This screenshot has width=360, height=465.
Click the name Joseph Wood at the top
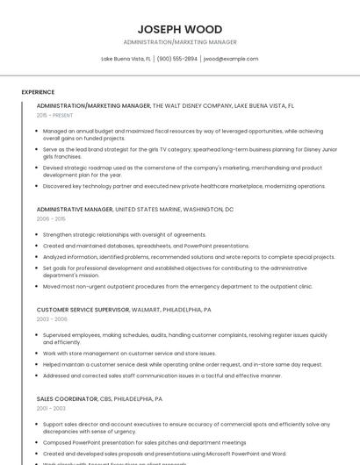click(179, 29)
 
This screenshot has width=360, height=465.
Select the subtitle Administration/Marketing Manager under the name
click(179, 42)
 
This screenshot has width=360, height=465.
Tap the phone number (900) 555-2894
click(176, 59)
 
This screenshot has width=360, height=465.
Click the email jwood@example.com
click(230, 59)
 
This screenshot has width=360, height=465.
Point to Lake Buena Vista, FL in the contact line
click(126, 59)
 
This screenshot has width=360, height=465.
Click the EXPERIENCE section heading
click(38, 91)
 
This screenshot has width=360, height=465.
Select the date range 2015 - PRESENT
click(54, 115)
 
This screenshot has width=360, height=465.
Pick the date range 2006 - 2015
click(51, 219)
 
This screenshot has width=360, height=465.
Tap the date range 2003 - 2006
click(52, 319)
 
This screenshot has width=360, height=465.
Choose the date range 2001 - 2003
click(51, 408)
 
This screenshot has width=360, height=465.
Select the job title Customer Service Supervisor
click(83, 310)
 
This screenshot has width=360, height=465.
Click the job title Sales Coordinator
click(67, 398)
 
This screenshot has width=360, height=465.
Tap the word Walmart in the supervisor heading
click(148, 310)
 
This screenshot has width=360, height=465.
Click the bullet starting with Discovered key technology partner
click(184, 186)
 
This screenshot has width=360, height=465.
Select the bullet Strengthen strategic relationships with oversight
click(125, 235)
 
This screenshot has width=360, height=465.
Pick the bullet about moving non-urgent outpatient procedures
click(177, 286)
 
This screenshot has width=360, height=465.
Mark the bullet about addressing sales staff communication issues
click(162, 376)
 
